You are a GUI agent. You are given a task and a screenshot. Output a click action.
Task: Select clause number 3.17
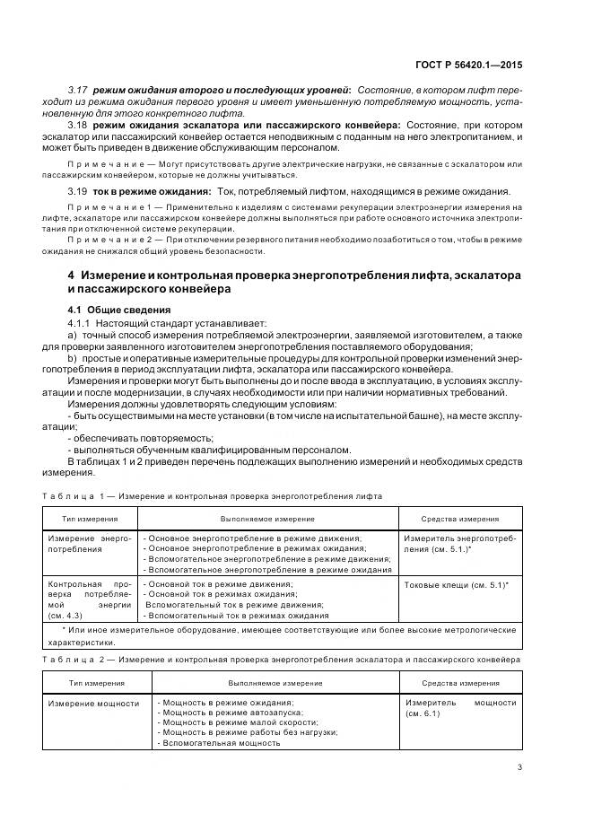(79, 92)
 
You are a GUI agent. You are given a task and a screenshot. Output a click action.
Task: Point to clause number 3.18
(79, 124)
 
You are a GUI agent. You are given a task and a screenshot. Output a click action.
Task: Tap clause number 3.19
(79, 191)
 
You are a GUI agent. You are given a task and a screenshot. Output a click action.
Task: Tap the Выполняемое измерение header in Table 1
(255, 519)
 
